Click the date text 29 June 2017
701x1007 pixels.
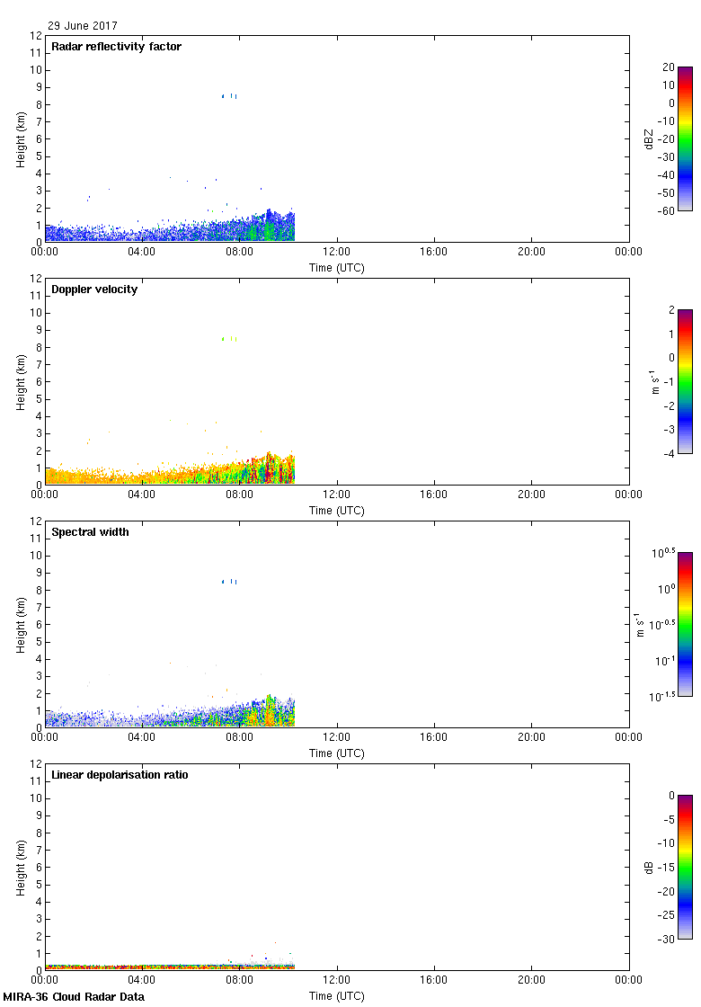point(83,26)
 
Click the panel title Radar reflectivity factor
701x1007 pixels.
point(116,47)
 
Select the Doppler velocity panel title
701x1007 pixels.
point(94,290)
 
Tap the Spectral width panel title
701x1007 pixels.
point(90,532)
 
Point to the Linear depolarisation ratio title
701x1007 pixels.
point(120,775)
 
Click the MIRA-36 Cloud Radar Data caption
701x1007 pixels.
point(74,997)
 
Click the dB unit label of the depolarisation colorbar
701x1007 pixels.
point(649,867)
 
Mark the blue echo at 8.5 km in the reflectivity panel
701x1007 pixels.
point(229,95)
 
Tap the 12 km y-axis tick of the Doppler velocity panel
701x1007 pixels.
point(37,279)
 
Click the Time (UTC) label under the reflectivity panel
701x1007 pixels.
point(336,268)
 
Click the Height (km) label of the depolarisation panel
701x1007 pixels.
point(21,867)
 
